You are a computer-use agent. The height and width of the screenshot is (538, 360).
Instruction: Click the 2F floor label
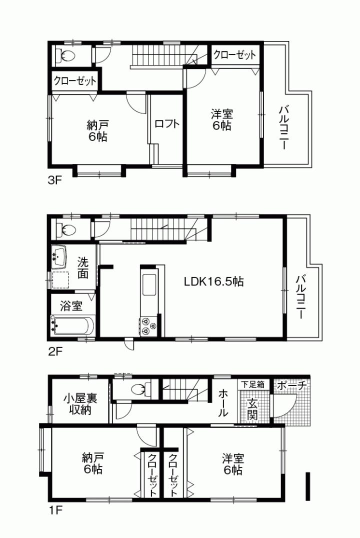(54, 351)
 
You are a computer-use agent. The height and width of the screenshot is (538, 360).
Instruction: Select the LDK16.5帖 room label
(213, 281)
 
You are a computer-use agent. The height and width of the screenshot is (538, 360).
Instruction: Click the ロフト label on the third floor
(166, 124)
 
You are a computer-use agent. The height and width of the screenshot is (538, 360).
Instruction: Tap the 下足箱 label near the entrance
(251, 384)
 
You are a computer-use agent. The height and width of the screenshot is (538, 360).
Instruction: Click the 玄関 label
(252, 409)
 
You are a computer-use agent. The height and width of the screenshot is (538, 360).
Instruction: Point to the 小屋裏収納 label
(79, 405)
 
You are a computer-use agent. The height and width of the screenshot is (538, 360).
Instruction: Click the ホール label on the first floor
(222, 403)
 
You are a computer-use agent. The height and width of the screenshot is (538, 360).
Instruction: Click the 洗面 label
(83, 267)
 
